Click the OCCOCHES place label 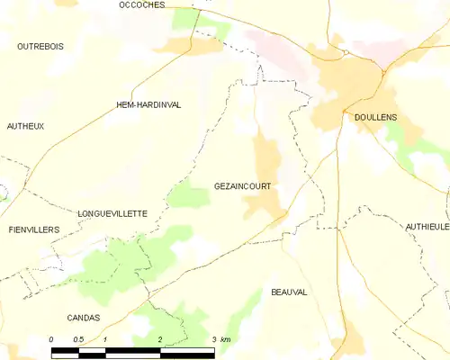[141, 5]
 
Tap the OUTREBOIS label [40, 45]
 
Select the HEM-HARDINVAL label [148, 105]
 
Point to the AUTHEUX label [25, 127]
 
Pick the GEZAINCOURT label [243, 186]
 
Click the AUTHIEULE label [427, 227]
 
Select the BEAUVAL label [289, 292]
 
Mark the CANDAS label [83, 318]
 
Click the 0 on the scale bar [51, 339]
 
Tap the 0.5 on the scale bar [78, 339]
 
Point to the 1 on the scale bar [106, 339]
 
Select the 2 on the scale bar [160, 339]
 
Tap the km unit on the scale [226, 339]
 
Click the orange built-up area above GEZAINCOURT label [266, 157]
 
